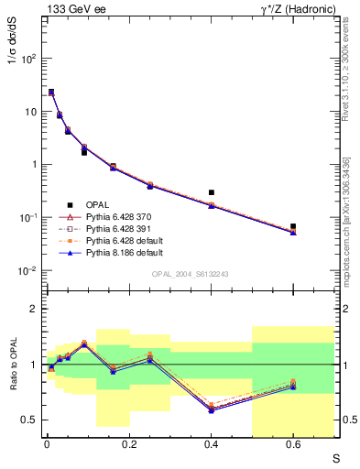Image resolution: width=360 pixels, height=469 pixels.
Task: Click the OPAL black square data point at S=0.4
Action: [x=212, y=192]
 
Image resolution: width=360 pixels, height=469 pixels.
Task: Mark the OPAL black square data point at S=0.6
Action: [x=293, y=226]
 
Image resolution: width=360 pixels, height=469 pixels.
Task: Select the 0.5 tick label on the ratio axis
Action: [x=32, y=420]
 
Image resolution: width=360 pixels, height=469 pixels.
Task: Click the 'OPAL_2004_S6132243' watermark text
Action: [x=190, y=273]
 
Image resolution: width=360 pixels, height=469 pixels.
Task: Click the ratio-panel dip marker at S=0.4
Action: [x=212, y=409]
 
